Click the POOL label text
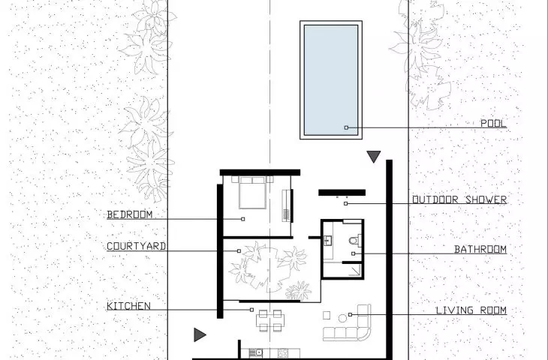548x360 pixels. pos(493,123)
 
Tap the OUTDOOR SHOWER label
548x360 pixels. pos(459,199)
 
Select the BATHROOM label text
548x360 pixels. pos(480,249)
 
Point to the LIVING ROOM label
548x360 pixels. pos(471,310)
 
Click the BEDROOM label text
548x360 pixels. pos(130,214)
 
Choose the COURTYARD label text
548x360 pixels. pos(136,246)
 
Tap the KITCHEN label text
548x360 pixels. pos(128,306)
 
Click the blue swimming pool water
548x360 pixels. pos(330,80)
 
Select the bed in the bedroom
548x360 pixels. pos(252,193)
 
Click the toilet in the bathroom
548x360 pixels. pos(355,241)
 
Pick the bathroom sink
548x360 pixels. pos(328,241)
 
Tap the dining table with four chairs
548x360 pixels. pos(270,320)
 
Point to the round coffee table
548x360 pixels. pos(342,318)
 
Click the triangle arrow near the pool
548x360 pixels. pos(374,157)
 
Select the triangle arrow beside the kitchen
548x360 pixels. pos(200,334)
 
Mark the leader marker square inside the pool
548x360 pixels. pos(346,127)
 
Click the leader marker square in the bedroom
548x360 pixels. pos(243,219)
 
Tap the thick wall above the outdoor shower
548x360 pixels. pos(342,193)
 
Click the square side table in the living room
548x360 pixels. pos(327,315)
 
